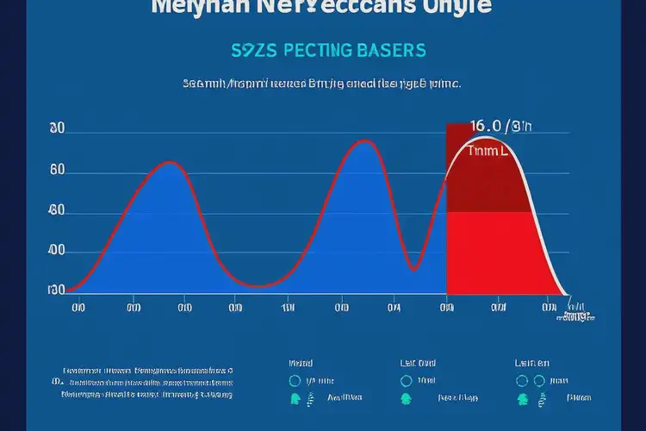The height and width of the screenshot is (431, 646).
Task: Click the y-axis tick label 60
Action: click(x=57, y=171)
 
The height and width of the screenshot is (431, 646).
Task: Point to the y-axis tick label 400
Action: click(x=56, y=251)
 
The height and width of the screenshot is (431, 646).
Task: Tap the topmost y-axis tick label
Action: click(x=57, y=128)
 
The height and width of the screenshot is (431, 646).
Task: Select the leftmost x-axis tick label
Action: click(x=78, y=306)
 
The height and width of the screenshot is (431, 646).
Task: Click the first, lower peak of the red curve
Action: click(x=170, y=162)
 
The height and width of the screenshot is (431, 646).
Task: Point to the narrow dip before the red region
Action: click(x=415, y=269)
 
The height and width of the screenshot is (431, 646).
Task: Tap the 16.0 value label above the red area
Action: click(x=501, y=126)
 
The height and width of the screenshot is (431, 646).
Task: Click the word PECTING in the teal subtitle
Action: click(x=315, y=50)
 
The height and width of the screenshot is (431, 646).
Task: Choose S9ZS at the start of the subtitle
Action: click(x=252, y=50)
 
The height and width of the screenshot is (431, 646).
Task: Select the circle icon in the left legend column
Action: click(x=295, y=380)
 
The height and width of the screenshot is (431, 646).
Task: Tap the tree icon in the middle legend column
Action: click(x=406, y=398)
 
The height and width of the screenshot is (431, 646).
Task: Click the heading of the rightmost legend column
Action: click(x=531, y=363)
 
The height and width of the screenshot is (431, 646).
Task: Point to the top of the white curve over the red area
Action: click(x=488, y=138)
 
